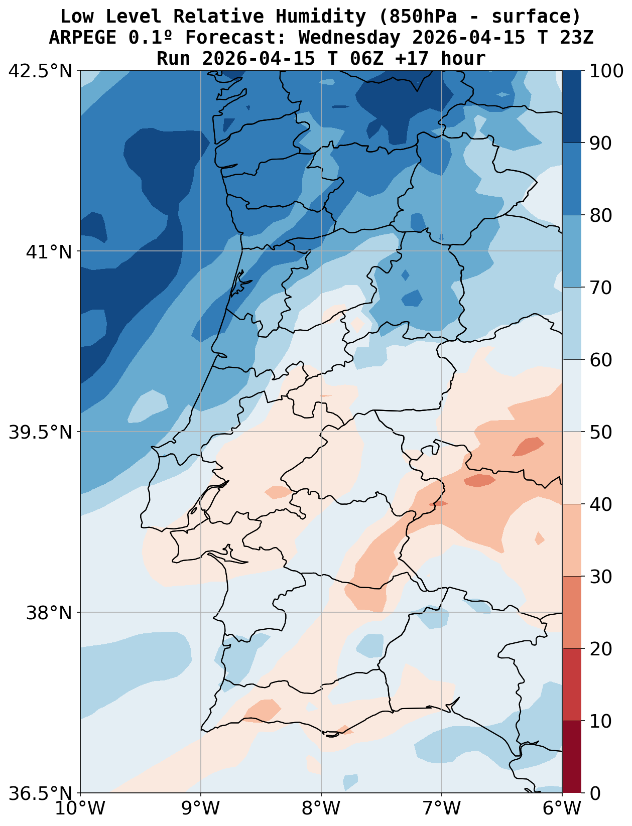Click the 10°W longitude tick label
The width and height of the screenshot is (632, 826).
click(x=80, y=809)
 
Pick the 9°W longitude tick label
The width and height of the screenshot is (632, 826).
click(x=201, y=809)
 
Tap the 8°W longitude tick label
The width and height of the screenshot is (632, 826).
click(x=321, y=809)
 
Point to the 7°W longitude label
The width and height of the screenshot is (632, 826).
click(x=442, y=809)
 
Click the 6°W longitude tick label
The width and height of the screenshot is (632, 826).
click(x=562, y=809)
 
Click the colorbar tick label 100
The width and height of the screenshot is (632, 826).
click(x=607, y=71)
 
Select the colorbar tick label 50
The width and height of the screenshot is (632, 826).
click(x=600, y=432)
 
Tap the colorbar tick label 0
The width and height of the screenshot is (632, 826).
click(x=594, y=793)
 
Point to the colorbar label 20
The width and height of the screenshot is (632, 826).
click(x=600, y=649)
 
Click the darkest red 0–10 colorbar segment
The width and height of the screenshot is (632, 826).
click(x=572, y=757)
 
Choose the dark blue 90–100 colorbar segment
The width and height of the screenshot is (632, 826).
click(x=572, y=106)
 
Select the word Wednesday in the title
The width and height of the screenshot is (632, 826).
click(x=350, y=38)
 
